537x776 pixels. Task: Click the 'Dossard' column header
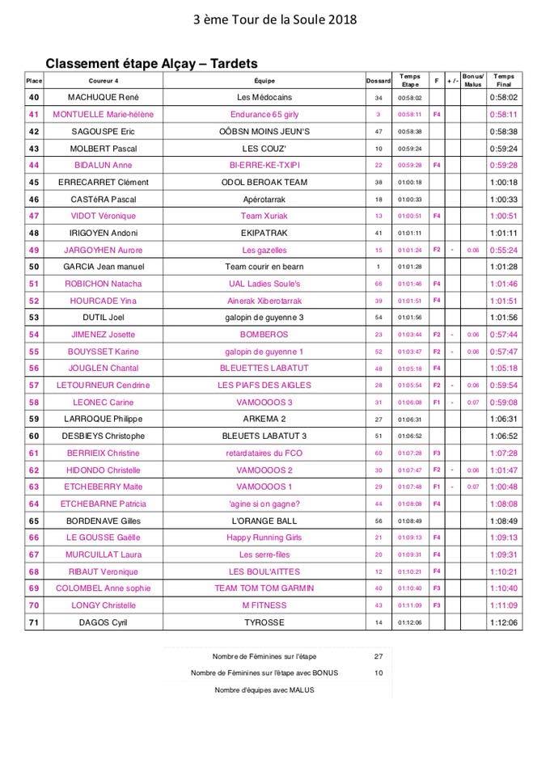378,81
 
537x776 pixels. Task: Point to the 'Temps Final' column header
503,81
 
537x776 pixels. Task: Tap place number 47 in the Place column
34,216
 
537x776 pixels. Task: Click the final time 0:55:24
503,250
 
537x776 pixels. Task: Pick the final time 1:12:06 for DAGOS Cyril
503,622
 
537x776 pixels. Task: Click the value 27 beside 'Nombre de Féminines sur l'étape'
378,656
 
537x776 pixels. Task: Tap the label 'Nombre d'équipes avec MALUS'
264,690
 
